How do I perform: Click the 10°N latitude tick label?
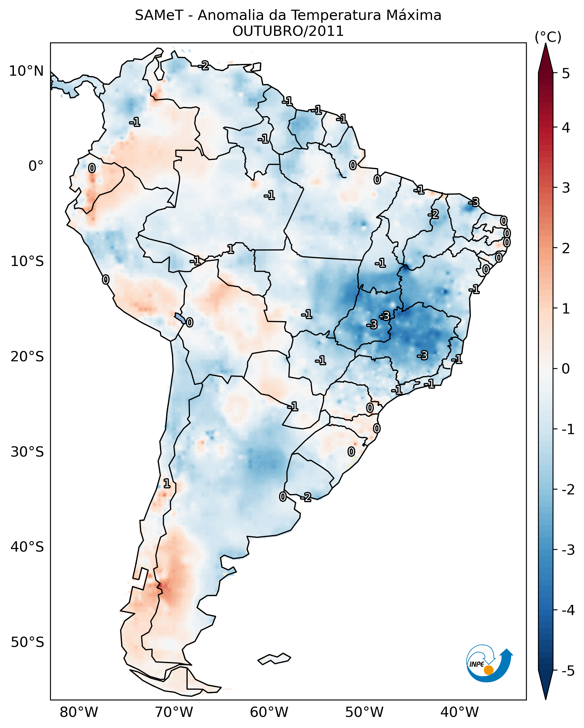[x=26, y=71]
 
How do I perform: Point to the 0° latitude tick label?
[x=36, y=166]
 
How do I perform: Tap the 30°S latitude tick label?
[x=27, y=452]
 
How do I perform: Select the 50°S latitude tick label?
[x=27, y=642]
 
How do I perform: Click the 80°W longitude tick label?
[x=78, y=712]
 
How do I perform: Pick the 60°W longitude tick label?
[x=269, y=712]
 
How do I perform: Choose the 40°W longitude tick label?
[x=459, y=712]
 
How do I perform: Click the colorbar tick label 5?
[x=566, y=73]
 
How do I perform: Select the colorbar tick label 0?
[x=566, y=368]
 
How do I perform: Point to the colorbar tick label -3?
[x=568, y=550]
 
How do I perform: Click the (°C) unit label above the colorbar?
[x=548, y=37]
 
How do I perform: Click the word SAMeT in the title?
[x=159, y=16]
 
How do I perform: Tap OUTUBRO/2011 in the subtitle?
[x=288, y=31]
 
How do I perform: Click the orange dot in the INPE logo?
[x=488, y=670]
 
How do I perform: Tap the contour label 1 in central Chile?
[x=167, y=484]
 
